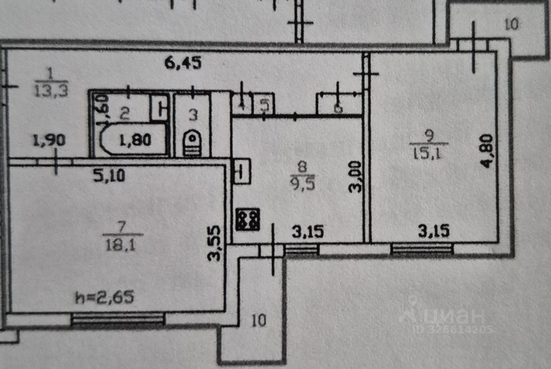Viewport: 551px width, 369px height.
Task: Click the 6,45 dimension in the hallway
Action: [x=183, y=64]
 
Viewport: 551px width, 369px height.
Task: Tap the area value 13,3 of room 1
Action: [x=51, y=91]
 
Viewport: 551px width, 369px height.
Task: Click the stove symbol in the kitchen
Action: [x=248, y=219]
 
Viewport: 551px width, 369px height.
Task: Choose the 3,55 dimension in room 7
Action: [x=215, y=244]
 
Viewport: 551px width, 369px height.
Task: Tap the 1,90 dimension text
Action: [x=50, y=140]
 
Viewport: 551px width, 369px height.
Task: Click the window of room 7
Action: [x=118, y=319]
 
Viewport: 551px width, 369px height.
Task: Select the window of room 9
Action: [x=422, y=249]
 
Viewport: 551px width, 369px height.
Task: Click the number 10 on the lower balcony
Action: [x=259, y=320]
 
